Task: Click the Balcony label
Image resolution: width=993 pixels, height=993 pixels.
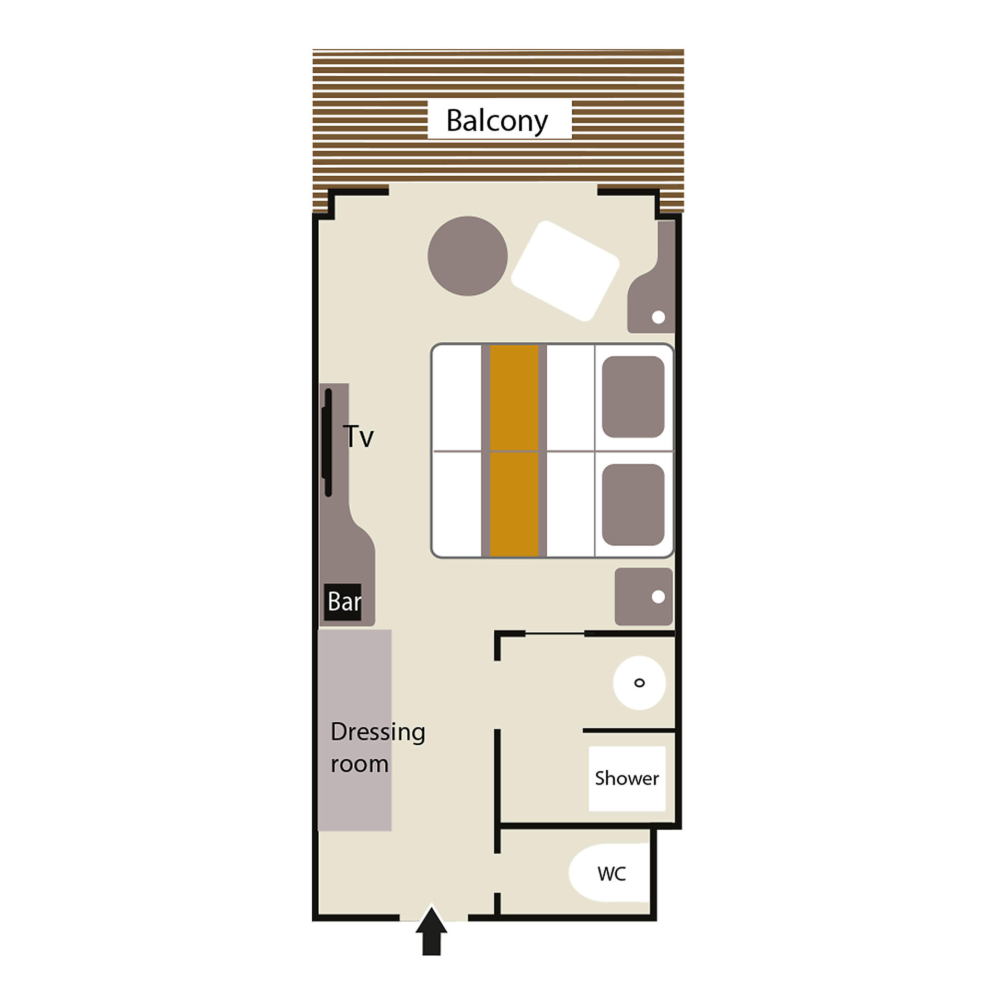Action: pyautogui.click(x=497, y=121)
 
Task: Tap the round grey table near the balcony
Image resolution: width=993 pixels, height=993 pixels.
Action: pyautogui.click(x=468, y=256)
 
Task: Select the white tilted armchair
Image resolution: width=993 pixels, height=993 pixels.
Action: pyautogui.click(x=565, y=271)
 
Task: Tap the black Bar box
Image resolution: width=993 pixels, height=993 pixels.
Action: pyautogui.click(x=343, y=602)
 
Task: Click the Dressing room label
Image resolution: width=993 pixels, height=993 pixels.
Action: pyautogui.click(x=378, y=748)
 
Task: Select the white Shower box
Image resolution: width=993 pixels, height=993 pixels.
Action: pyautogui.click(x=627, y=778)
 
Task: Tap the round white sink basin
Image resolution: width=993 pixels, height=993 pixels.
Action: pyautogui.click(x=639, y=683)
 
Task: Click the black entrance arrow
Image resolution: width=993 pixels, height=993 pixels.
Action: pyautogui.click(x=432, y=931)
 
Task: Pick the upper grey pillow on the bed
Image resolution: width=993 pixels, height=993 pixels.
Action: pyautogui.click(x=633, y=397)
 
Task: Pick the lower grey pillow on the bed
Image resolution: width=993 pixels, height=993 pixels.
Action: pyautogui.click(x=633, y=505)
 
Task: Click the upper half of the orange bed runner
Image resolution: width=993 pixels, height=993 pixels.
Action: pyautogui.click(x=514, y=397)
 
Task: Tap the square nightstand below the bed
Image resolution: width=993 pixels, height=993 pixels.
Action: pyautogui.click(x=644, y=597)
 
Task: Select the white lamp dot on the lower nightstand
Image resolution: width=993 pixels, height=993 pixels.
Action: pyautogui.click(x=659, y=597)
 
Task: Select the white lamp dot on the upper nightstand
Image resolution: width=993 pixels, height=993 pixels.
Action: pyautogui.click(x=659, y=317)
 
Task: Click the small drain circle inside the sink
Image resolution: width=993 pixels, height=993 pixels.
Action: pyautogui.click(x=639, y=683)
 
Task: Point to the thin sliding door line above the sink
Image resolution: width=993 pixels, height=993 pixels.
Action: pyautogui.click(x=555, y=634)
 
